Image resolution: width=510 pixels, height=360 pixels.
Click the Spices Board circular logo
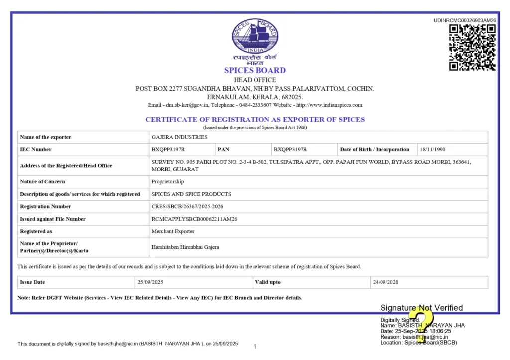[255, 37]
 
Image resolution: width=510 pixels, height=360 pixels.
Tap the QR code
[472, 47]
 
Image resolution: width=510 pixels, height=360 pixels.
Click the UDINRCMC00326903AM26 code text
[465, 20]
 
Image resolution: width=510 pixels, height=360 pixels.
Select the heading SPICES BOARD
[255, 70]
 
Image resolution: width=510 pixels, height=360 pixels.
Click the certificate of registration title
[255, 120]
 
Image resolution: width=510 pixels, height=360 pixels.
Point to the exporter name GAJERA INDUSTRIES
[179, 137]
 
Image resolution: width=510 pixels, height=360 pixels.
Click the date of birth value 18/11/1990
[433, 149]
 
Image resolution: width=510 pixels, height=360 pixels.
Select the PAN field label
[223, 149]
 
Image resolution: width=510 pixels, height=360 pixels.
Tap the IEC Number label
[36, 149]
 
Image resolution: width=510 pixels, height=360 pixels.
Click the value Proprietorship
[168, 182]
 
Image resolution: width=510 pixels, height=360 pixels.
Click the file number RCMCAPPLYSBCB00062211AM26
[194, 219]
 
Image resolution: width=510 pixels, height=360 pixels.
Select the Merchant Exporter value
[173, 231]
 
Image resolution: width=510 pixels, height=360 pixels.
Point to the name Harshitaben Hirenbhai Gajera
[185, 247]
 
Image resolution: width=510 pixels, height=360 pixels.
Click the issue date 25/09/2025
[151, 282]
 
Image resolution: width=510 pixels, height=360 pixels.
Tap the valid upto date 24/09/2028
[386, 282]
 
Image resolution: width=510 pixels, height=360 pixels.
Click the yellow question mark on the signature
[423, 322]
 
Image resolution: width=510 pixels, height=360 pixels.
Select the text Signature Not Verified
[421, 308]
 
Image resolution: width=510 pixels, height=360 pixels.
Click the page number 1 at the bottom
[255, 347]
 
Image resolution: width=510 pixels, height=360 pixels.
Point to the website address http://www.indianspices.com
[329, 105]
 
